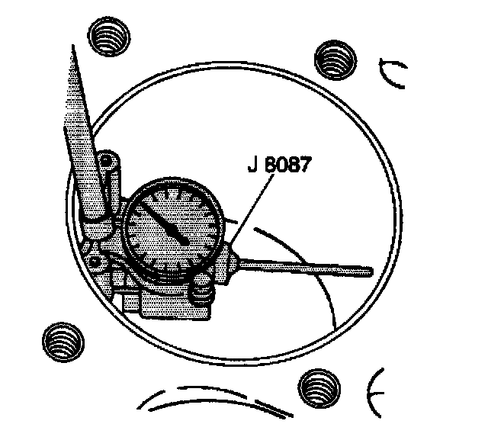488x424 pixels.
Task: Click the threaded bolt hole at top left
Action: (x=107, y=35)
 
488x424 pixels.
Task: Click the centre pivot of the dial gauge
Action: (x=185, y=239)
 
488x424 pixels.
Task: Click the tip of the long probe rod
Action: (x=369, y=269)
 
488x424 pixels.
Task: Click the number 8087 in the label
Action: (x=286, y=165)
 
